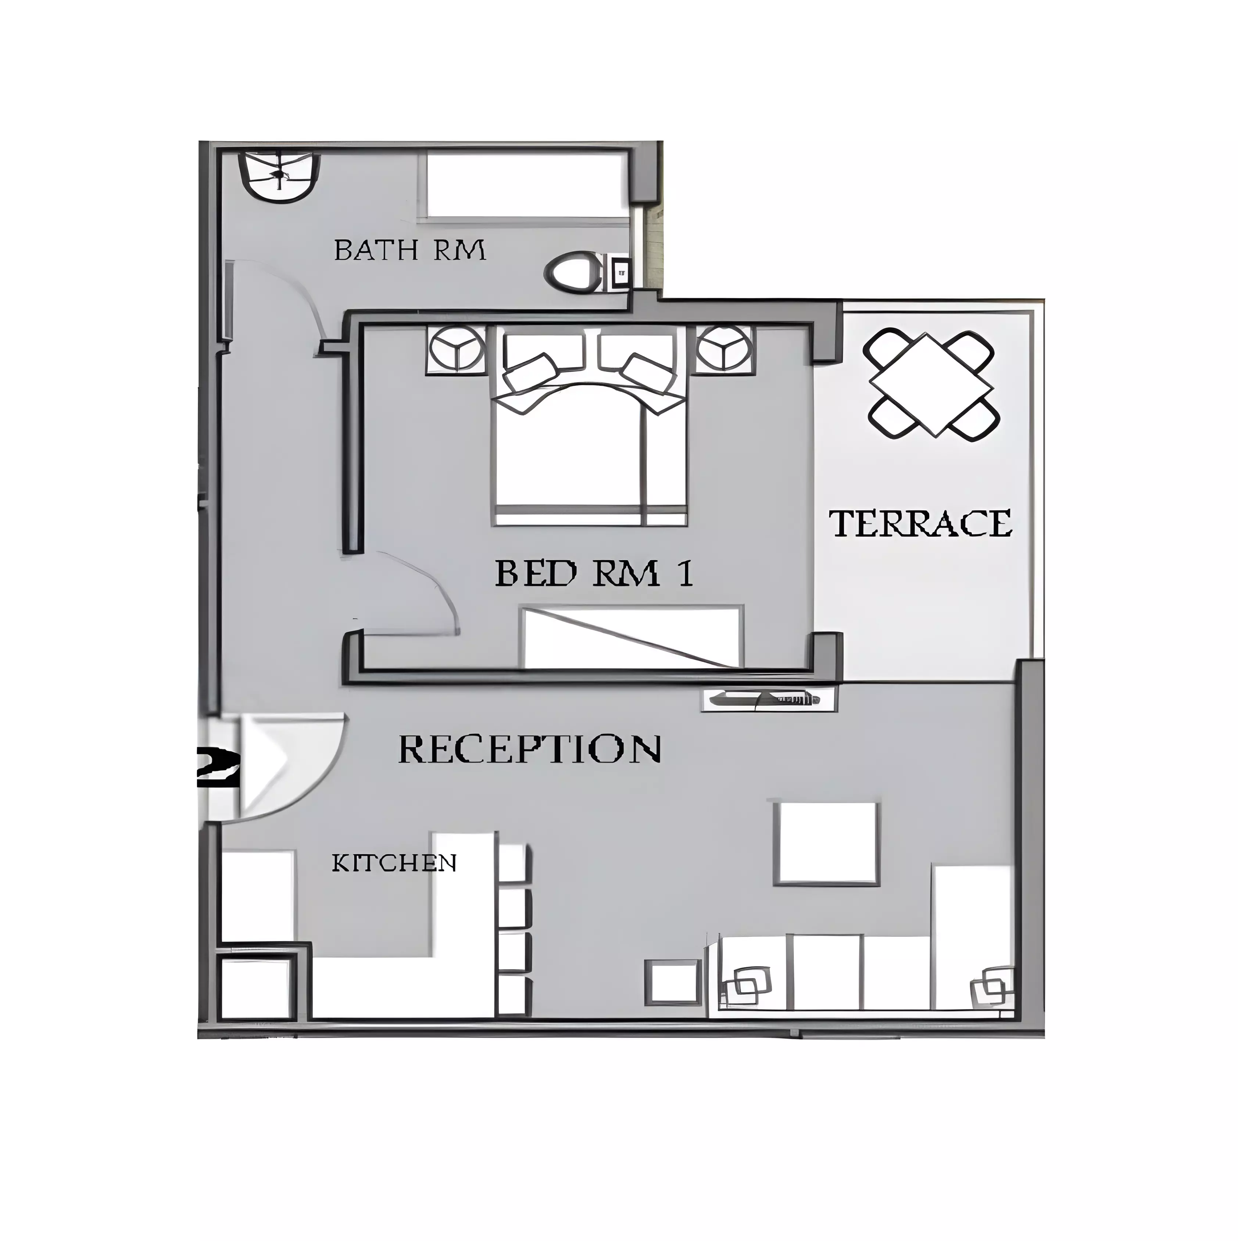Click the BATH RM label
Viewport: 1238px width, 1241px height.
tap(410, 250)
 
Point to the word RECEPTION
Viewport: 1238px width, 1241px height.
tap(530, 748)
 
